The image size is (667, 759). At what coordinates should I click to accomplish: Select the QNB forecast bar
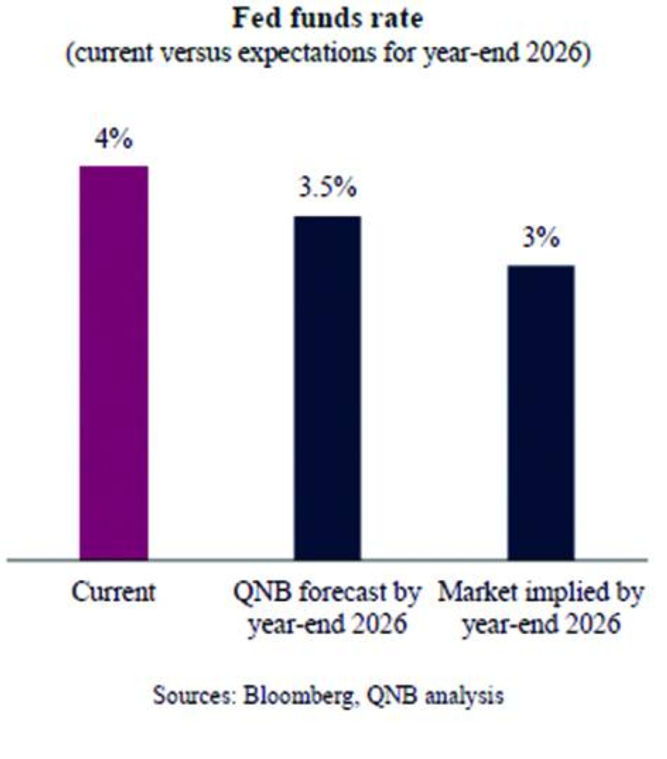[327, 387]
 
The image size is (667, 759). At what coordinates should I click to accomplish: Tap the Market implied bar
[541, 412]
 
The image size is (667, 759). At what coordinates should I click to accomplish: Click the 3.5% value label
[327, 190]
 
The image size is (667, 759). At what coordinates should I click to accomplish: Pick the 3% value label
[540, 239]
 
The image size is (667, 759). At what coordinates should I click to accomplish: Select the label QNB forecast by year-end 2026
[327, 608]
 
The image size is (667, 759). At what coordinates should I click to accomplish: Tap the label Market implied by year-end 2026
[541, 608]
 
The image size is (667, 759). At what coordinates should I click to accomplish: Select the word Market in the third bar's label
[470, 593]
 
